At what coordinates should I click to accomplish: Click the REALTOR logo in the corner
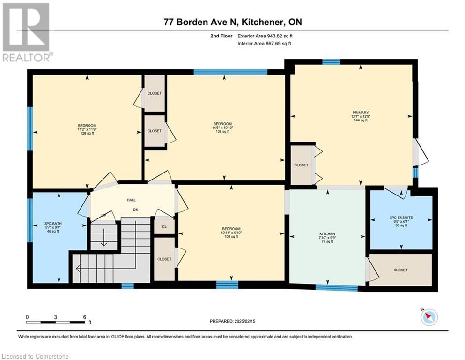click(27, 32)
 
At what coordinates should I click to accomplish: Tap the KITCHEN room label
click(327, 234)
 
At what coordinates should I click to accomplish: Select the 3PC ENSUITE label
click(401, 217)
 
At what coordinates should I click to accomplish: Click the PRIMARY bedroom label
click(361, 112)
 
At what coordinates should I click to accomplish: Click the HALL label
click(131, 200)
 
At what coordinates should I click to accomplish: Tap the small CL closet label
click(164, 227)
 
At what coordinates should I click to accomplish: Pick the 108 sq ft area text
click(231, 237)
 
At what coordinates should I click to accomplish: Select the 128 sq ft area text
click(87, 133)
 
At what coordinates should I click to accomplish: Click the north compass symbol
click(429, 317)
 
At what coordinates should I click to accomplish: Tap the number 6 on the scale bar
click(85, 317)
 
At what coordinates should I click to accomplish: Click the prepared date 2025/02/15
click(244, 321)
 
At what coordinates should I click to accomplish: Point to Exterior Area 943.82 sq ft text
click(265, 36)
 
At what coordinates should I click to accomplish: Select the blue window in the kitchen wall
click(337, 287)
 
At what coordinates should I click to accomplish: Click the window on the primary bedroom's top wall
click(331, 62)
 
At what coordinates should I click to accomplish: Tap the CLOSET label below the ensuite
click(400, 270)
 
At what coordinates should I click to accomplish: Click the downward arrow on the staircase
click(104, 238)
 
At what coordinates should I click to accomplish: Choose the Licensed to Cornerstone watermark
click(35, 356)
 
